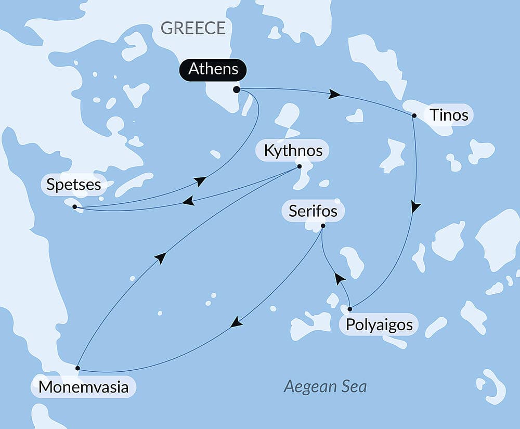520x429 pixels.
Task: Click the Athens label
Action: click(x=213, y=69)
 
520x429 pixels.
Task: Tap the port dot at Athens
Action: click(x=237, y=90)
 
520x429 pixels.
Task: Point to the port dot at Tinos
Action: click(x=414, y=115)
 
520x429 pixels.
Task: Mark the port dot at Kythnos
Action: click(x=299, y=166)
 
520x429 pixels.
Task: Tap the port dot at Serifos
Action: click(x=323, y=226)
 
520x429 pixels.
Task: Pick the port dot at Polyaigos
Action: click(x=350, y=309)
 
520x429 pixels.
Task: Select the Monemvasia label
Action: click(x=83, y=387)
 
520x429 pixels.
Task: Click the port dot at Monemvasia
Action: click(x=77, y=368)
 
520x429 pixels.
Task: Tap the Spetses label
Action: click(x=73, y=184)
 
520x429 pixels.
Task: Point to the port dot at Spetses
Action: click(x=75, y=207)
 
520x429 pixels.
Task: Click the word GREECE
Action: click(x=193, y=28)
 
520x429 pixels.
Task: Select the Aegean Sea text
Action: click(x=325, y=386)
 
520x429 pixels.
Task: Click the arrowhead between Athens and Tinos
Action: click(x=335, y=95)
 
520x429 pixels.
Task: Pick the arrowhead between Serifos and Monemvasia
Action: click(x=237, y=322)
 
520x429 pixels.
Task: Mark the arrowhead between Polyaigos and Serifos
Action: click(x=340, y=279)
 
